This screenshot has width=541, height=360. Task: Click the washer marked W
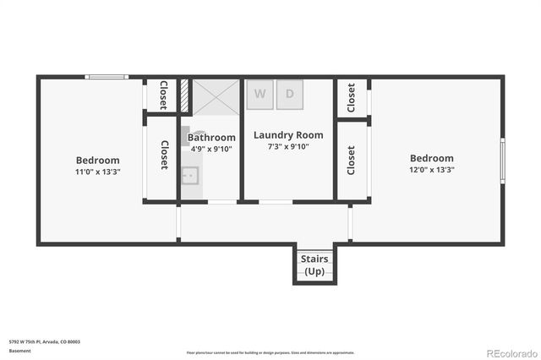pos(260,95)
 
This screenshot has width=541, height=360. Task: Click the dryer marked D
pos(289,95)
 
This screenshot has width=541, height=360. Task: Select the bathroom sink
pos(190,177)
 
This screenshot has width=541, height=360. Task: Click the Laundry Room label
pos(288,134)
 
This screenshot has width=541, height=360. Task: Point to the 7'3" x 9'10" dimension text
pos(288,146)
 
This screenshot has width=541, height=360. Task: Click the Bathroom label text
pos(211,137)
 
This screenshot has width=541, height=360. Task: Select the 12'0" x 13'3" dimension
pos(432,169)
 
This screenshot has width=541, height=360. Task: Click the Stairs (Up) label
pos(314,265)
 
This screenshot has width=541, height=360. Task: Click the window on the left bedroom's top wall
pos(107,78)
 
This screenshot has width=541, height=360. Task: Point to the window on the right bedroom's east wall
pos(502,161)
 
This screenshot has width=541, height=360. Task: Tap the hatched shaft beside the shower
pos(183,96)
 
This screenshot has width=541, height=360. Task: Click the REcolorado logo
pos(510,351)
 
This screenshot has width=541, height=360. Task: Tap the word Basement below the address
pos(18,350)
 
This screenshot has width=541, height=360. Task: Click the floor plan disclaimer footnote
pos(270,352)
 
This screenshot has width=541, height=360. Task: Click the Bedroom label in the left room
pos(98,160)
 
